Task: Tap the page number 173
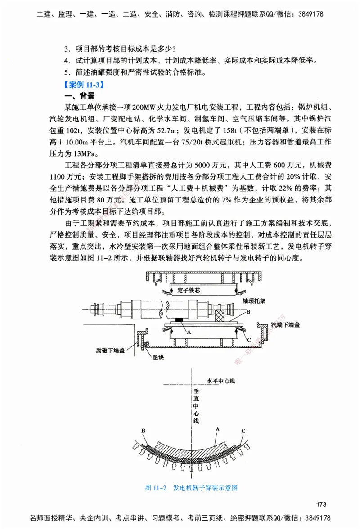(x=320, y=503)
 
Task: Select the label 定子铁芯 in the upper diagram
(x=185, y=290)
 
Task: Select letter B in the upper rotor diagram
(x=248, y=312)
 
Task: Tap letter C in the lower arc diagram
(x=243, y=431)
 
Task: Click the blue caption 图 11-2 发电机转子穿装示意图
(x=191, y=488)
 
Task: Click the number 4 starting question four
(x=66, y=60)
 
